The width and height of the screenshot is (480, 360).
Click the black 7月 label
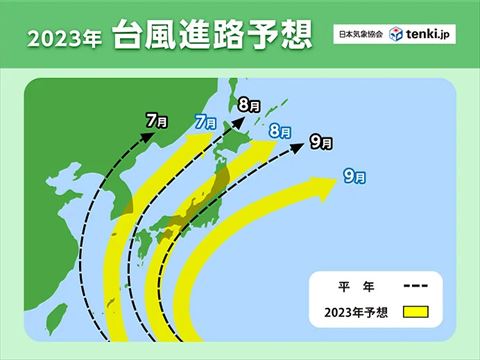(x=155, y=121)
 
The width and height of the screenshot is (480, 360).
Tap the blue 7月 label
(x=204, y=122)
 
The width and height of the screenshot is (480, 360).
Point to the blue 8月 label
(x=280, y=131)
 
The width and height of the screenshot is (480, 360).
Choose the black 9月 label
(x=321, y=141)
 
